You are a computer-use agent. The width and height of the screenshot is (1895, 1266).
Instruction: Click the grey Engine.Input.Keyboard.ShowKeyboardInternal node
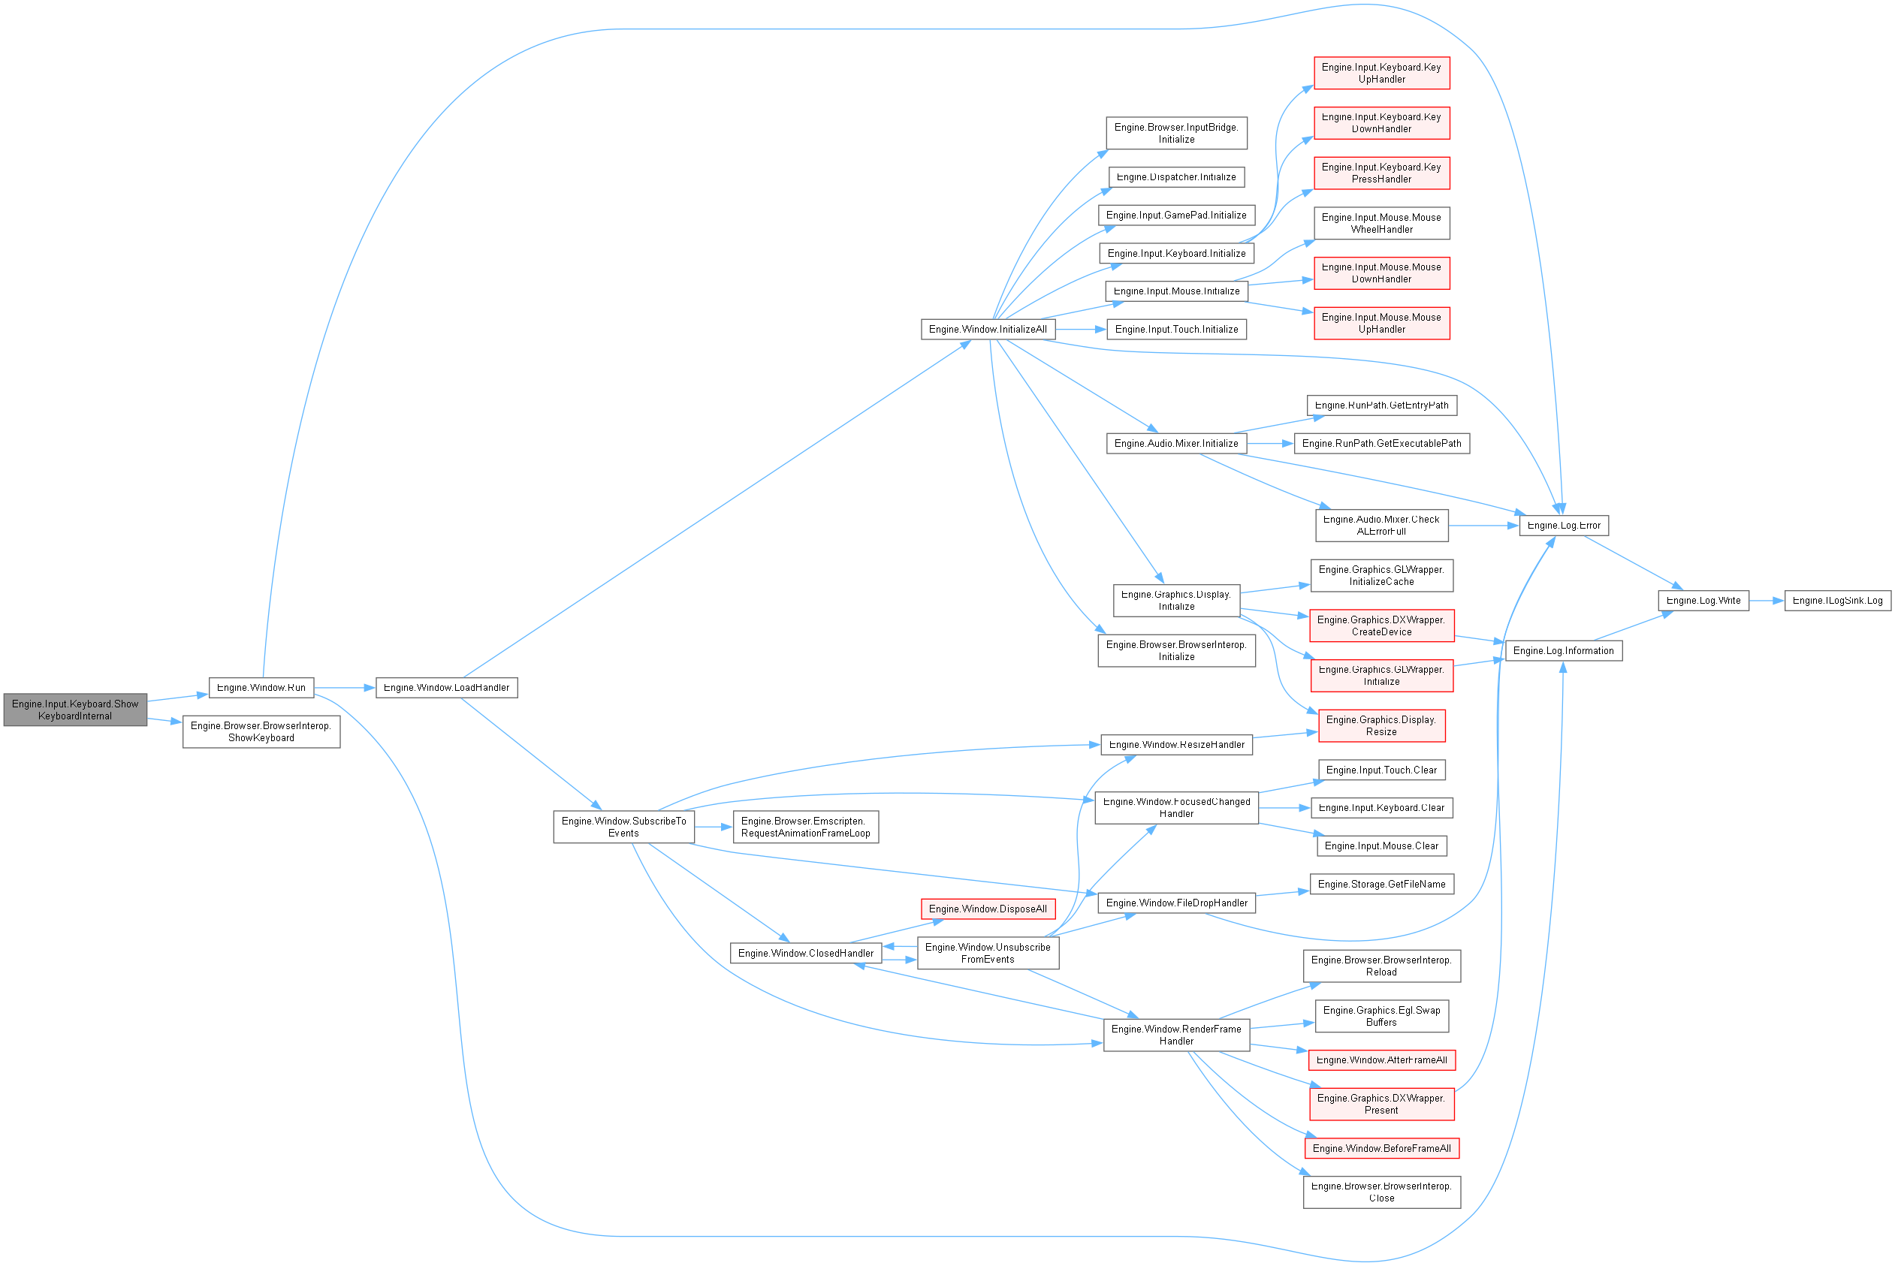(x=75, y=710)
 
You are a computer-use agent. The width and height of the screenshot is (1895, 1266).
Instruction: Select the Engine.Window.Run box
(x=261, y=688)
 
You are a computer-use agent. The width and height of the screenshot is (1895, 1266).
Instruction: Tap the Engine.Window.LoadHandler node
(x=446, y=688)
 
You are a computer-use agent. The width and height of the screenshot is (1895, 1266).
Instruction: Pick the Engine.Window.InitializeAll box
(x=988, y=330)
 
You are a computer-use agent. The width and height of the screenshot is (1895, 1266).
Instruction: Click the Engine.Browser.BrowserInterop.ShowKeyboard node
(x=261, y=731)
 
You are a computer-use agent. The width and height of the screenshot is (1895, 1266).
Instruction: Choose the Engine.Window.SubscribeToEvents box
(x=623, y=827)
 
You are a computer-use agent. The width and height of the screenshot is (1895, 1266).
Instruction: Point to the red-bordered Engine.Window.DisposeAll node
(x=988, y=909)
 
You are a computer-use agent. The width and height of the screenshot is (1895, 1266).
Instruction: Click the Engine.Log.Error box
(x=1563, y=526)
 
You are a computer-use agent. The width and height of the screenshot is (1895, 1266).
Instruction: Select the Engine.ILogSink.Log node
(x=1837, y=601)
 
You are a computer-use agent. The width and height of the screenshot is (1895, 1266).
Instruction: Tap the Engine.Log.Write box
(x=1703, y=601)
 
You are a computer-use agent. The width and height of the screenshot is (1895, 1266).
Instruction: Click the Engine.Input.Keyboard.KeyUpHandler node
(x=1381, y=74)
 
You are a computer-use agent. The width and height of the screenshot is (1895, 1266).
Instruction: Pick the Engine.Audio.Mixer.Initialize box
(x=1175, y=443)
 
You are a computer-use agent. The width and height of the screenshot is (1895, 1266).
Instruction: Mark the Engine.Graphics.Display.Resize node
(x=1381, y=726)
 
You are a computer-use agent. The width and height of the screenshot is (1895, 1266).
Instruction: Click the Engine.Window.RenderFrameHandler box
(x=1175, y=1035)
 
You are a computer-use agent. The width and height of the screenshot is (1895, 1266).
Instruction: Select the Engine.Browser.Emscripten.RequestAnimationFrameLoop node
(x=805, y=827)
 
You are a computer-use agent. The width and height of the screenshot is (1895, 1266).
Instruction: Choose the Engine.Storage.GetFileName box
(x=1381, y=884)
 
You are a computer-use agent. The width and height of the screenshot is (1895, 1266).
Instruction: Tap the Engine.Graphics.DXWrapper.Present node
(x=1381, y=1104)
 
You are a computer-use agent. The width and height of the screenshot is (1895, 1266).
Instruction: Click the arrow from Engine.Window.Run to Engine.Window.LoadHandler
(x=345, y=688)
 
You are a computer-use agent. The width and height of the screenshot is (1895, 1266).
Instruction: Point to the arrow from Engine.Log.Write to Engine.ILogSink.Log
(x=1767, y=601)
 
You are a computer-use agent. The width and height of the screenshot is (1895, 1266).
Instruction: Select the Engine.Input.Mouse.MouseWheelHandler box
(x=1381, y=224)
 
